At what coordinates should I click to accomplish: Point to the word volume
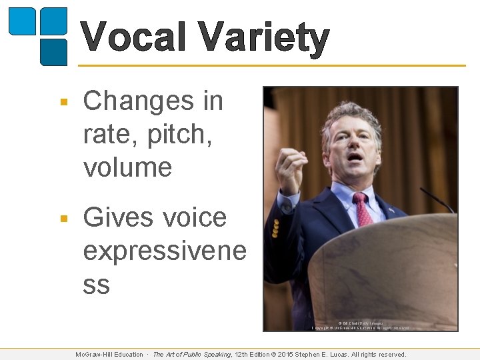click(127, 167)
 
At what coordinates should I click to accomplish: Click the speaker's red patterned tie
click(362, 209)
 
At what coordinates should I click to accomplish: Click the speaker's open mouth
click(355, 157)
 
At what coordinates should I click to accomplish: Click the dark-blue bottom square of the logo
click(53, 52)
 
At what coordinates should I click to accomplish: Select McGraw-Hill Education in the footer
click(109, 355)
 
